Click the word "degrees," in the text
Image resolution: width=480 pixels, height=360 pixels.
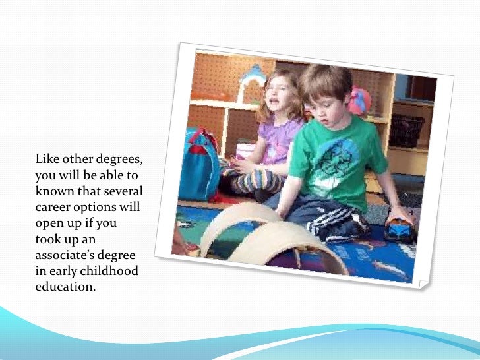119,160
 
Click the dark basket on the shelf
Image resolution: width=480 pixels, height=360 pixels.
406,131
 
